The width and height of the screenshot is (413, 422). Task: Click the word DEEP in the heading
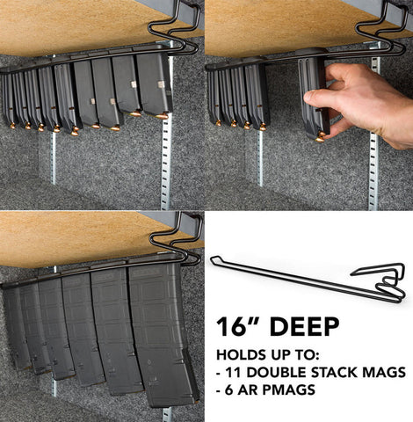[x=304, y=327]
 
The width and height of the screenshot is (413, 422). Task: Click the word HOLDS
[x=238, y=355]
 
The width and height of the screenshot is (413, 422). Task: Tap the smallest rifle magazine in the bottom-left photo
[x=15, y=325]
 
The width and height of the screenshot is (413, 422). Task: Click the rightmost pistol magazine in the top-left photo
[x=154, y=85]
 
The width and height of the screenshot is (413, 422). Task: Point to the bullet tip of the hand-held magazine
[x=320, y=138]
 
